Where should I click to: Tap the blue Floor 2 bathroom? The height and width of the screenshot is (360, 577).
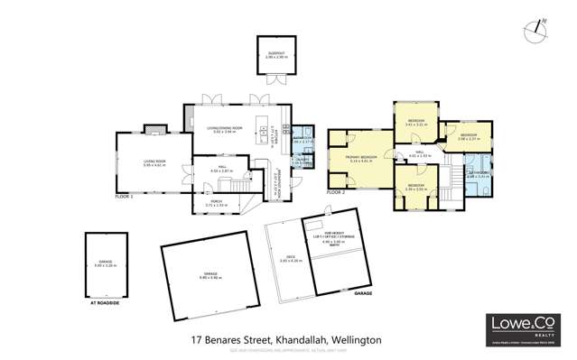pos(478,172)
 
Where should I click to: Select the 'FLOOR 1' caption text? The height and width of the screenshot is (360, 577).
pos(125,196)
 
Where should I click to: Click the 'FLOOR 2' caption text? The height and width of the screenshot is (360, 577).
pos(336,192)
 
